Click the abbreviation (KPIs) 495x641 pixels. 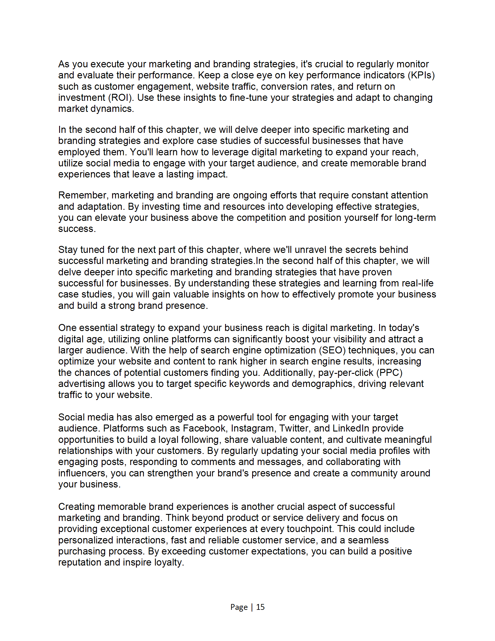[x=421, y=75]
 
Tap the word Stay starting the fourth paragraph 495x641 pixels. [x=68, y=250]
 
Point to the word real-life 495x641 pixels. [x=418, y=283]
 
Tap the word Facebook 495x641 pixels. [x=205, y=429]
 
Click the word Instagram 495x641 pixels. [x=253, y=429]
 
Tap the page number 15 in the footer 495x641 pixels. [x=260, y=607]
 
